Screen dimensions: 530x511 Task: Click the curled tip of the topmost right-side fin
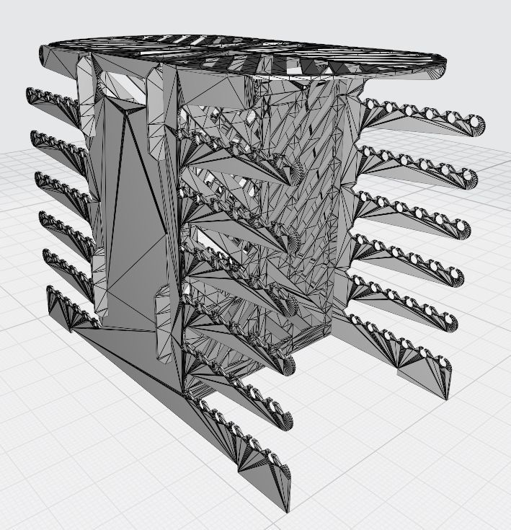point(477,125)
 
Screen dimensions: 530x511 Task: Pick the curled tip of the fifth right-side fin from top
point(450,321)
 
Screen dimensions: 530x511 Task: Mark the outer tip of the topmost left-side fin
point(30,92)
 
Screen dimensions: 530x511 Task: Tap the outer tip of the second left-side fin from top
point(33,135)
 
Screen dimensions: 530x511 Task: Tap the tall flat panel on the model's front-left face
point(130,216)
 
